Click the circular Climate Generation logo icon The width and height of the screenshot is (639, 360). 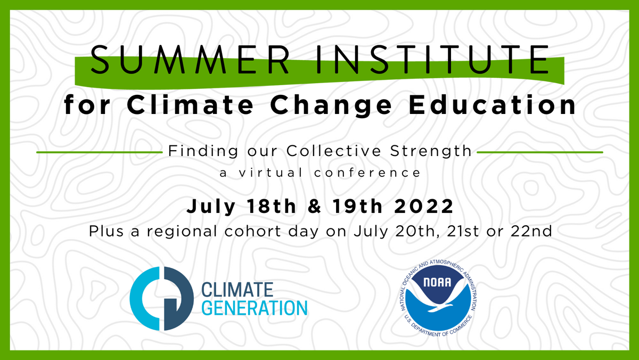click(161, 298)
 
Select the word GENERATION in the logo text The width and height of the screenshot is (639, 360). click(255, 308)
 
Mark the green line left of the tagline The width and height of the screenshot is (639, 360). click(99, 152)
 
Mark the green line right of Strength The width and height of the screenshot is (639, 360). click(539, 152)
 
